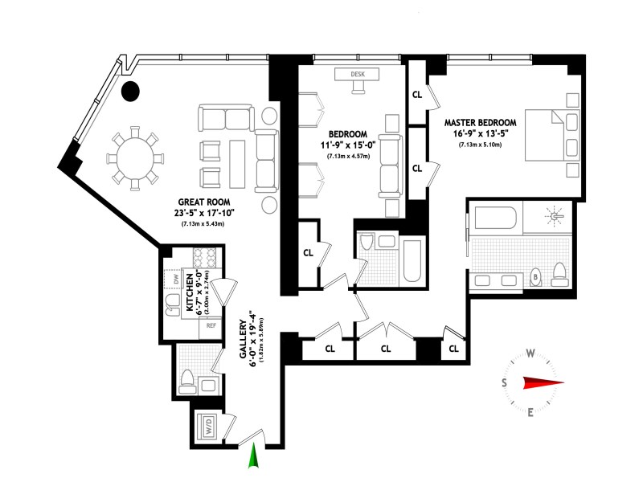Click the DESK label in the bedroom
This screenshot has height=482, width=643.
pos(358,74)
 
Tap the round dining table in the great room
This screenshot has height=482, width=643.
pos(135,158)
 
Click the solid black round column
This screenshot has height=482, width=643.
pos(131,91)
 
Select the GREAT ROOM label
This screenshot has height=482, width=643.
pos(204,202)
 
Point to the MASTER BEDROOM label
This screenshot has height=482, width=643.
pos(480,123)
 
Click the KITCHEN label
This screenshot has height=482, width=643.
pos(190,292)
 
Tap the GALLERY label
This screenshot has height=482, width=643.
pos(244,339)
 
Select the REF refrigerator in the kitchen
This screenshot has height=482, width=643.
pos(211,326)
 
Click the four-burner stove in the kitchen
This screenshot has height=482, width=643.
pos(205,258)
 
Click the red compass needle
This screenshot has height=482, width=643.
pos(543,383)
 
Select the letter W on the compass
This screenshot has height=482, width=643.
pos(530,353)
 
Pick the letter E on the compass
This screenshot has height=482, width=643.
pos(530,412)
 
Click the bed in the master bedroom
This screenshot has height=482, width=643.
pos(552,135)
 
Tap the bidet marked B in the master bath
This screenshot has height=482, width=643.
pos(535,277)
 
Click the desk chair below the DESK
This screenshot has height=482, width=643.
pos(358,87)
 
